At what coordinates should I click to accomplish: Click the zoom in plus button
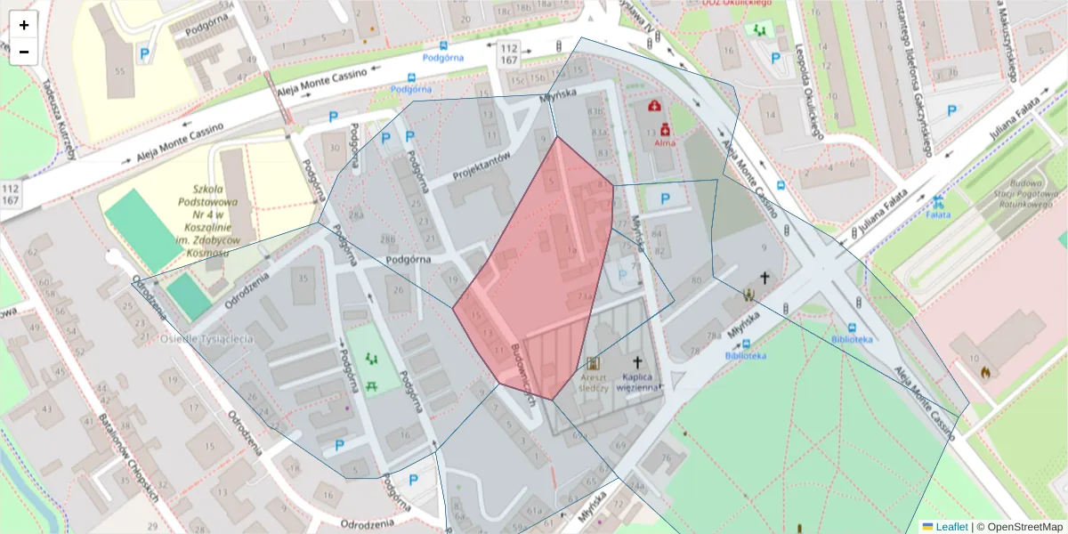(x=24, y=25)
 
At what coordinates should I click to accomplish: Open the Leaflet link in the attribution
(x=951, y=527)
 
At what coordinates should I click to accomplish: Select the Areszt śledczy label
(x=593, y=382)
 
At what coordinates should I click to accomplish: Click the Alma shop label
(x=665, y=142)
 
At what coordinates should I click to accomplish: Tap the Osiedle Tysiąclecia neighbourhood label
(x=206, y=339)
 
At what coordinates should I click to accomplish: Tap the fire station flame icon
(x=984, y=372)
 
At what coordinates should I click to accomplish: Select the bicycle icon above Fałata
(x=938, y=200)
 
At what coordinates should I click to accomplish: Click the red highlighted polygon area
(x=543, y=267)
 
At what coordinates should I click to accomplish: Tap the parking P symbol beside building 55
(x=142, y=55)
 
